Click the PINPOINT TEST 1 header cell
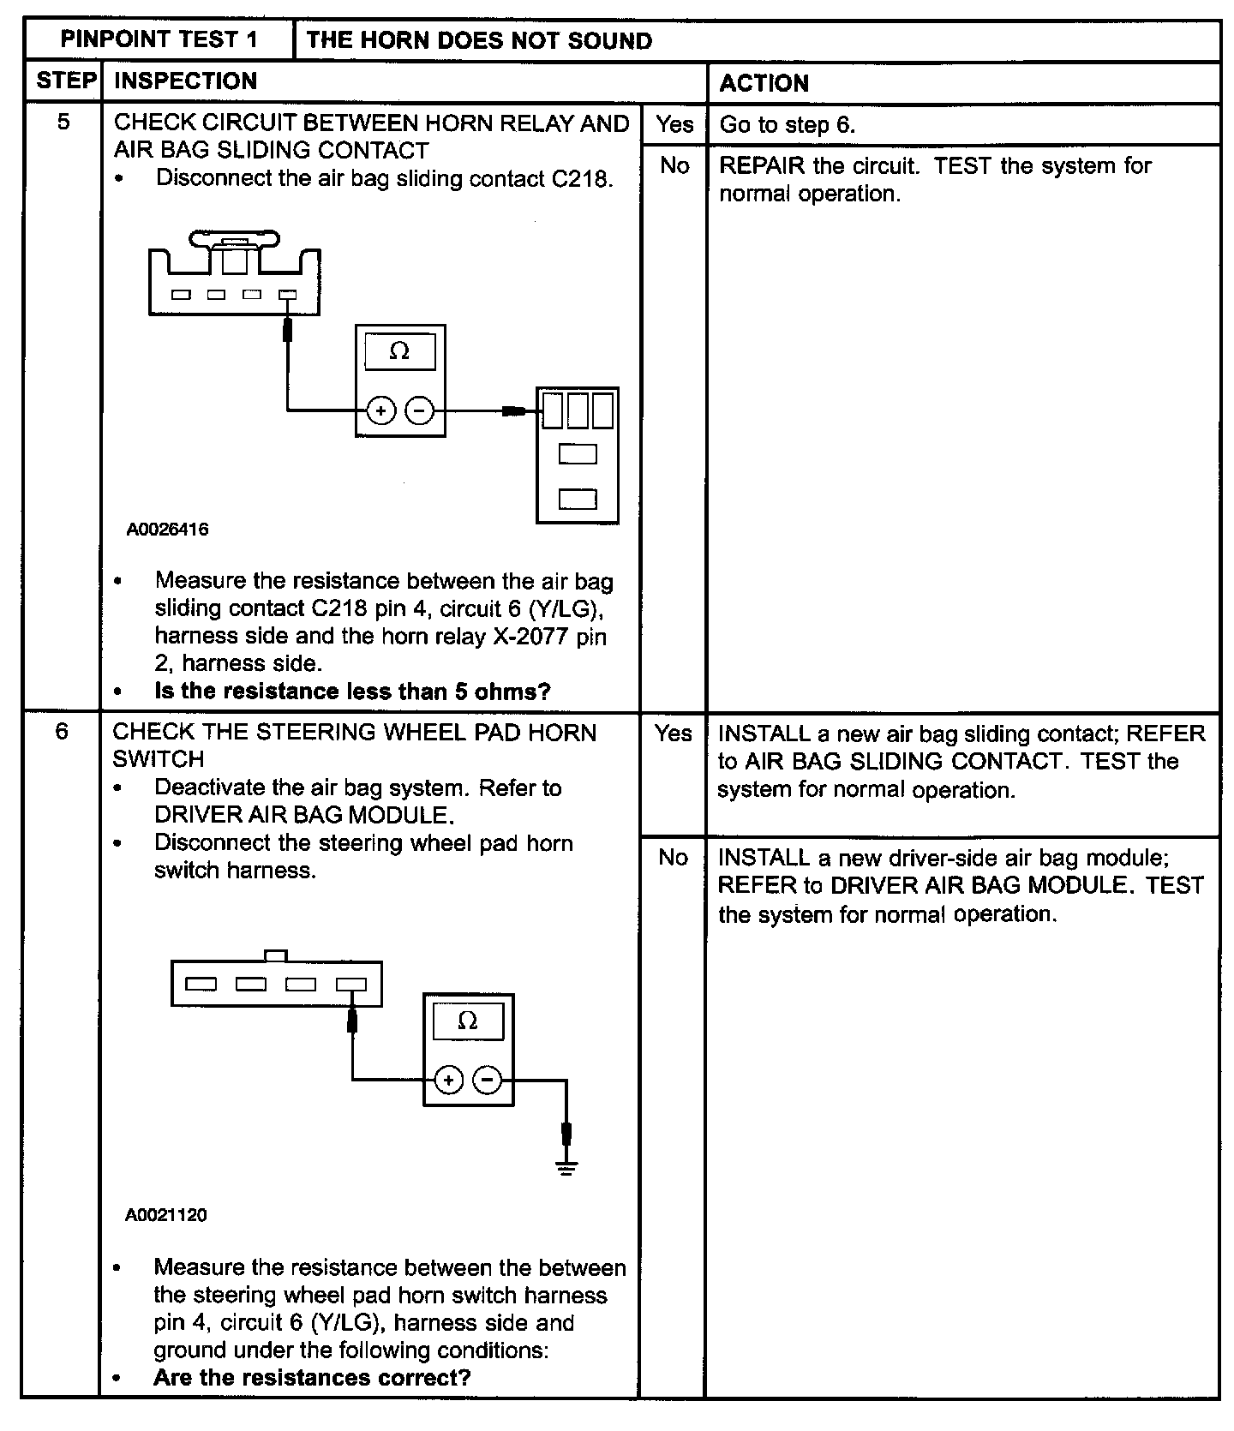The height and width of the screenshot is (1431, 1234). click(x=159, y=40)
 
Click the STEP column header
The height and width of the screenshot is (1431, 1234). click(x=65, y=81)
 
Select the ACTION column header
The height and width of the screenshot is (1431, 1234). click(x=764, y=83)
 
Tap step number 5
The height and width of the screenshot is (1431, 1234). click(x=63, y=122)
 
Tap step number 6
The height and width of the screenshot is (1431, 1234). click(x=62, y=732)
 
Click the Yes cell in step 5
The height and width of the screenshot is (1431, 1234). click(x=674, y=124)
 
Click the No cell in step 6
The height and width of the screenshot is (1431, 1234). click(x=673, y=857)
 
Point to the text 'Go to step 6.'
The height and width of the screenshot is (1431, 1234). click(x=787, y=125)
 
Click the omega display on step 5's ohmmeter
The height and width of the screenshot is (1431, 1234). click(x=399, y=351)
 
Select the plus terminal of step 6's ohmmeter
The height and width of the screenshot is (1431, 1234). click(x=448, y=1080)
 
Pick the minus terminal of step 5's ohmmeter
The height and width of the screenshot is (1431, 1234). click(x=419, y=411)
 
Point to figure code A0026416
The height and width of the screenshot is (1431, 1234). click(x=167, y=530)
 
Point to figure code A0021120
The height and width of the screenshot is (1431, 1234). click(x=165, y=1214)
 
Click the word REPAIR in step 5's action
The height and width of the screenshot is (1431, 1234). click(x=762, y=165)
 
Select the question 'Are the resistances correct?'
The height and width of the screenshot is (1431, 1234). click(x=312, y=1378)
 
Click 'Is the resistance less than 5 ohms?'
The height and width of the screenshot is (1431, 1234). click(x=352, y=692)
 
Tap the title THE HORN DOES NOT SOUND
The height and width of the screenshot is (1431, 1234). click(x=479, y=40)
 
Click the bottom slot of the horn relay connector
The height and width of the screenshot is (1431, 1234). click(x=578, y=499)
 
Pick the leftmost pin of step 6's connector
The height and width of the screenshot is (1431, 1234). click(x=201, y=984)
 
